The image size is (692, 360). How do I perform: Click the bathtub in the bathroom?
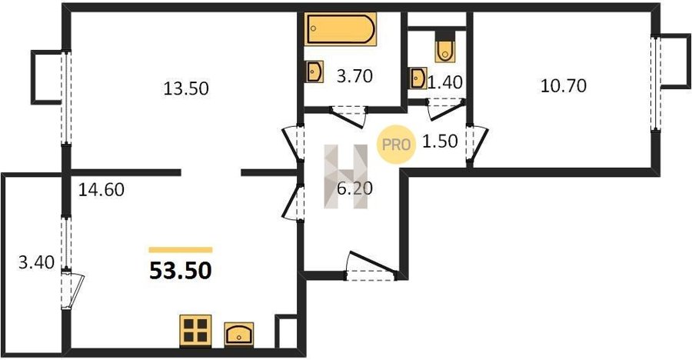[x=341, y=28]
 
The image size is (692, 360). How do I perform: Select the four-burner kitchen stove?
[x=195, y=331]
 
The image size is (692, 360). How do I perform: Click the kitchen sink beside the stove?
[x=239, y=334]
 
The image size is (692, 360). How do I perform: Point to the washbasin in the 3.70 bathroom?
[x=314, y=72]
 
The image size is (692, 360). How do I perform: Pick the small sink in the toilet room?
[x=418, y=78]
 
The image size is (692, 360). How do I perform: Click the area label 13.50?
[x=186, y=88]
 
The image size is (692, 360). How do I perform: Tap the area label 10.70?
[x=564, y=85]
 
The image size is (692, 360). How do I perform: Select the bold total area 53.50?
[x=181, y=271]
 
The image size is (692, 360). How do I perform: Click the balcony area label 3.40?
[x=36, y=263]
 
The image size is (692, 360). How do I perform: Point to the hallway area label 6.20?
[x=354, y=188]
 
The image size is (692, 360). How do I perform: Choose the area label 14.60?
[x=101, y=190]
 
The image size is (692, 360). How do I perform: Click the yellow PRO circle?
[x=396, y=145]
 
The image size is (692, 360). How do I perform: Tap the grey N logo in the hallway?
[x=346, y=176]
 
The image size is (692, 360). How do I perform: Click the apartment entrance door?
[x=370, y=267]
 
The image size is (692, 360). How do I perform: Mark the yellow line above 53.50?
[x=181, y=250]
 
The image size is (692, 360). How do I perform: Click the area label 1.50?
[x=440, y=141]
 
